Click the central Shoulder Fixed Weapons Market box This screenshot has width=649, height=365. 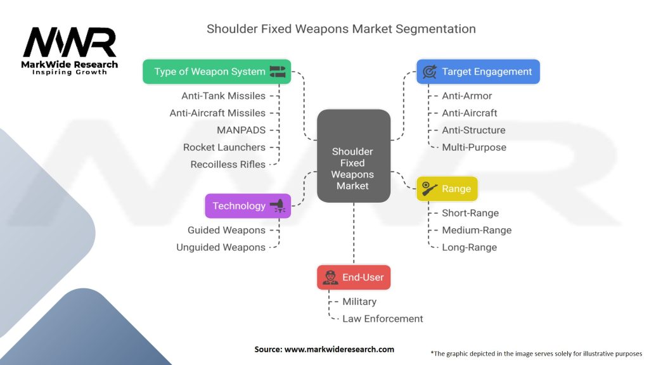[x=353, y=156]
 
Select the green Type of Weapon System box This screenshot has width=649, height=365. [x=216, y=72]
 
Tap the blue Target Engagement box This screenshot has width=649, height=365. [x=477, y=72]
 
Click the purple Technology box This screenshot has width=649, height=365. [x=247, y=206]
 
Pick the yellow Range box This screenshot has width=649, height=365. [x=447, y=189]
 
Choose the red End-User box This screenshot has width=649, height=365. [x=354, y=277]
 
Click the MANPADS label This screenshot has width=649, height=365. [x=241, y=130]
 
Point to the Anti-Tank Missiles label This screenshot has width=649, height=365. [x=223, y=96]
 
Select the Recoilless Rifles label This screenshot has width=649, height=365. [x=228, y=164]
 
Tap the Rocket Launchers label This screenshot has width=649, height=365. [x=224, y=147]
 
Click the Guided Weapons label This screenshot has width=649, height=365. [x=226, y=230]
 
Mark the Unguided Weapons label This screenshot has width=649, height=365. [x=221, y=247]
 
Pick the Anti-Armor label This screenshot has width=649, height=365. [x=467, y=96]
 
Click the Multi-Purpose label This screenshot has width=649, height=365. [x=474, y=147]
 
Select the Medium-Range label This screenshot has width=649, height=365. [x=477, y=230]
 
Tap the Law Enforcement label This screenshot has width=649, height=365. [x=383, y=319]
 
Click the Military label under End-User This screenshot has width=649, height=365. [x=359, y=302]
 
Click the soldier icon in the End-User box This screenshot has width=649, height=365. [x=330, y=277]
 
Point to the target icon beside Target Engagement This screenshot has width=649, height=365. [x=429, y=72]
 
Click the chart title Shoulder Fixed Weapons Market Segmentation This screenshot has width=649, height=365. [x=341, y=29]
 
